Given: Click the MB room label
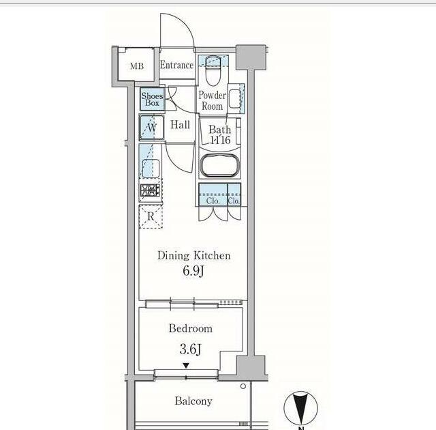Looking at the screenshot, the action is [137, 66].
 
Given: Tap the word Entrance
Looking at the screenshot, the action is [177, 65].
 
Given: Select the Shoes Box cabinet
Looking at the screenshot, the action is [152, 99].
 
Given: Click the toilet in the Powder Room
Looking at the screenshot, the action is [213, 70].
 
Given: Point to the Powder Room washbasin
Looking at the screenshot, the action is [234, 98].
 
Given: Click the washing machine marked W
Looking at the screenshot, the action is [151, 128].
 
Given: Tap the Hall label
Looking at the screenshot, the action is [180, 125].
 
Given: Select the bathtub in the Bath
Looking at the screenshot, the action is [220, 166].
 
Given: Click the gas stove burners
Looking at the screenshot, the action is [150, 190].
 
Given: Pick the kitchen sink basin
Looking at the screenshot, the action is [151, 169].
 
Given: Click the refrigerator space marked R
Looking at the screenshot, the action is [151, 216].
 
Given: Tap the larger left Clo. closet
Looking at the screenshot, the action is [213, 195].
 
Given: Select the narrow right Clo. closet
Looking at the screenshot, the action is [234, 195].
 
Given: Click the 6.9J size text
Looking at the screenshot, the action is [193, 271].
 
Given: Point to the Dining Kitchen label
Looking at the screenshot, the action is [193, 256].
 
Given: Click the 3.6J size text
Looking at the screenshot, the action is [191, 349].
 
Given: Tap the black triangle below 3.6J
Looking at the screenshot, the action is [186, 365].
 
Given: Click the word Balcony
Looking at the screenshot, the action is [193, 401].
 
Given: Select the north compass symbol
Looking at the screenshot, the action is [300, 408].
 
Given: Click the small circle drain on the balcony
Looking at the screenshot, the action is [243, 386].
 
